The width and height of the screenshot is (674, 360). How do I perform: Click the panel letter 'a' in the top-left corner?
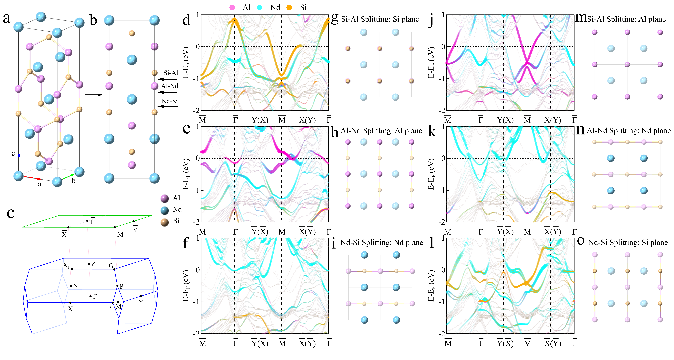pos(7,18)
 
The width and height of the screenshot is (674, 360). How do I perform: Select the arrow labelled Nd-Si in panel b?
pos(167,106)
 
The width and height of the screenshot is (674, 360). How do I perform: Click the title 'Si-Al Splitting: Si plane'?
pos(380,19)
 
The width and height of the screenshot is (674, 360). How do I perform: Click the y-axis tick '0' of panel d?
pos(198,47)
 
